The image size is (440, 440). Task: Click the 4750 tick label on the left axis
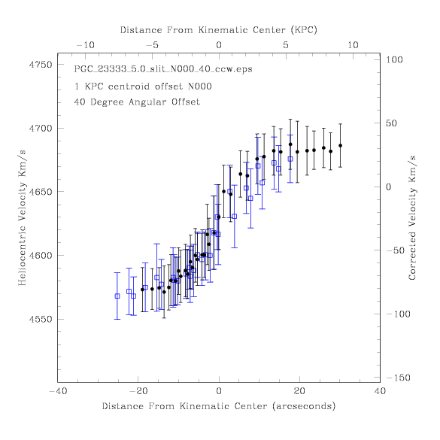click(x=41, y=65)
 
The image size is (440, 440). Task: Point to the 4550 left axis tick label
click(x=41, y=320)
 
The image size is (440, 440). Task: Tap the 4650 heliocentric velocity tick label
click(x=41, y=192)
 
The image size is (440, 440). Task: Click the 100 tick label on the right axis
click(x=394, y=59)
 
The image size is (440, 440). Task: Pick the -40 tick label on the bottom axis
click(x=58, y=391)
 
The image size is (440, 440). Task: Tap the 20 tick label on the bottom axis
click(x=299, y=391)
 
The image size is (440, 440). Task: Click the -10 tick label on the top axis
click(x=85, y=45)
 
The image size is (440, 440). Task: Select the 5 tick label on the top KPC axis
click(x=286, y=45)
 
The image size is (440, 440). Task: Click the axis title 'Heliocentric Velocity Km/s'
click(x=22, y=218)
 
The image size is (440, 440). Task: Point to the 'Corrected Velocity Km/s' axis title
click(x=412, y=218)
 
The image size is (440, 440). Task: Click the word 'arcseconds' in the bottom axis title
click(x=304, y=406)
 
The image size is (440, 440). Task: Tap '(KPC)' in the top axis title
click(x=304, y=30)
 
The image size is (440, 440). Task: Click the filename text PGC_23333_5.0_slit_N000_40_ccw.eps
click(x=163, y=69)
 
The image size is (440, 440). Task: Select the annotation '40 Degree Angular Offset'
click(x=137, y=102)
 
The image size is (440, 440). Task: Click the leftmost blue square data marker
click(x=117, y=296)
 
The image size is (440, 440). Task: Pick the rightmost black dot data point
click(x=341, y=146)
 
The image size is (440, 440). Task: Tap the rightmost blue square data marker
click(x=290, y=159)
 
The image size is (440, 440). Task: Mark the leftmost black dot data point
click(x=142, y=290)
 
